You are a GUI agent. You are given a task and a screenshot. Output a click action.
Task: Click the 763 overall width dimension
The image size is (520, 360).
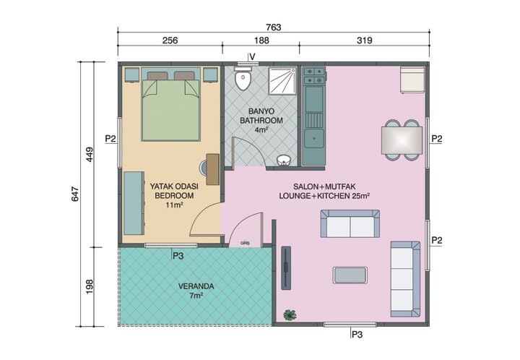[273, 27]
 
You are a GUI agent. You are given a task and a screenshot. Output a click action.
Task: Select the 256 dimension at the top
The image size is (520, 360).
[170, 41]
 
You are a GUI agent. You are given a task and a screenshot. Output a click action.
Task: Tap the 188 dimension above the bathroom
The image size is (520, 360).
[261, 41]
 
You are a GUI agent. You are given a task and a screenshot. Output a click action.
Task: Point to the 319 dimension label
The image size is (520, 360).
[364, 41]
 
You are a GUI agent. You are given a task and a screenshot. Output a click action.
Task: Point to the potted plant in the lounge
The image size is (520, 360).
[290, 314]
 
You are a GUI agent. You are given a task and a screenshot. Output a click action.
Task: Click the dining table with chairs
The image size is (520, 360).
[402, 139]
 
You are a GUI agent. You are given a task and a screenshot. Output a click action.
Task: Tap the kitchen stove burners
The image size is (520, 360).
[314, 72]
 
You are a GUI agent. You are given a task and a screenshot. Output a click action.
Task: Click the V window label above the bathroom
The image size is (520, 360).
[251, 56]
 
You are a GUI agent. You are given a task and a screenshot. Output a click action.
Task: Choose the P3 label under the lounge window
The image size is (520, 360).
[357, 334]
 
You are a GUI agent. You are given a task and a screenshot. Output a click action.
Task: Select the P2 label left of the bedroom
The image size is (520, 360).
[110, 138]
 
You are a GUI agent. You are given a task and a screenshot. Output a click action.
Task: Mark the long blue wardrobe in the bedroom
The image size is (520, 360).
[133, 202]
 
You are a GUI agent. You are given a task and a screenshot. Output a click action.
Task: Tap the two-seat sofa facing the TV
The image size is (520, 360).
[350, 225]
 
